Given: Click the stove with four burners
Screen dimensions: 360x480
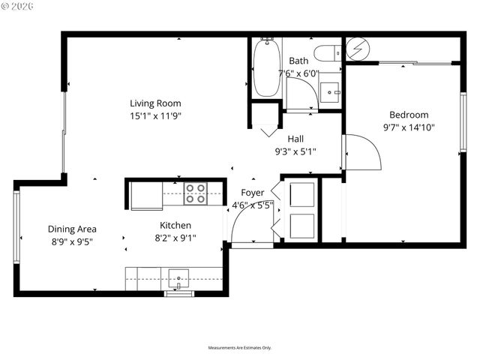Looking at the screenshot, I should [x=196, y=193].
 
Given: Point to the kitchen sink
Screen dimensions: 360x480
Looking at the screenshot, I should [x=179, y=277].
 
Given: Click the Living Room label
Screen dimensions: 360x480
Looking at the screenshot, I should [x=155, y=103].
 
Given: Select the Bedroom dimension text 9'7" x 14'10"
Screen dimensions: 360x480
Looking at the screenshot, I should [x=409, y=127].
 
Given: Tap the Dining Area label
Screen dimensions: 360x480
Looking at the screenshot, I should [x=72, y=229].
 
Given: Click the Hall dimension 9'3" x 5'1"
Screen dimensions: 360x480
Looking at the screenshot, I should [x=295, y=151].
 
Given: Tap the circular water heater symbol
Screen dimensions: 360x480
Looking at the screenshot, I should [x=356, y=50].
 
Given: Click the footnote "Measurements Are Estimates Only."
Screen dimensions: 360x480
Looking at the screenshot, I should [x=239, y=348].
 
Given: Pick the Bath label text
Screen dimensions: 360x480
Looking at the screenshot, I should [x=298, y=61].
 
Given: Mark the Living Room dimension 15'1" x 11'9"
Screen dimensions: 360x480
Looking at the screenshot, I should [x=155, y=115].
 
